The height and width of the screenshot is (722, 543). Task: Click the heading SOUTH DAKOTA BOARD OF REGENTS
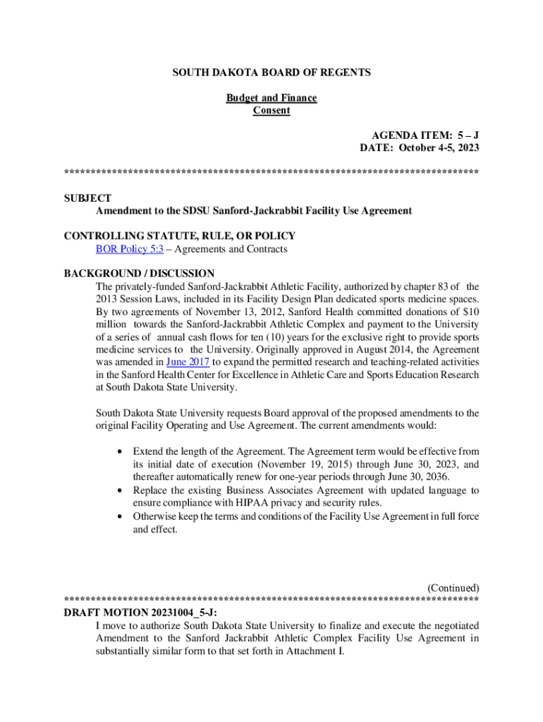click(x=271, y=73)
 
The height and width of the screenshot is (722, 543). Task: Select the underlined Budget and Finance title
click(x=271, y=98)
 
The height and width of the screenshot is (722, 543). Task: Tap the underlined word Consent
click(x=271, y=111)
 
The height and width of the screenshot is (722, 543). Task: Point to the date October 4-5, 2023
click(x=439, y=148)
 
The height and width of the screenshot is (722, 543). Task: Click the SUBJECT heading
click(x=87, y=199)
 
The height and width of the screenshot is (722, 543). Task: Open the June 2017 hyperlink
click(x=188, y=362)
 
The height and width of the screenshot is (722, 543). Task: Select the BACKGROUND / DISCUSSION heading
click(x=139, y=274)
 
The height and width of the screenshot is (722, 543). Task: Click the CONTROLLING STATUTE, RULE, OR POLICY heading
click(x=179, y=236)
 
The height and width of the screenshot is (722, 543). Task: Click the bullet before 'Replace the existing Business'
click(x=123, y=490)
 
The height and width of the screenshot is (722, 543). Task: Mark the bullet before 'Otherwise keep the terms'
click(x=123, y=516)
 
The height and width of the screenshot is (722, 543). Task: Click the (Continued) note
click(x=453, y=587)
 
